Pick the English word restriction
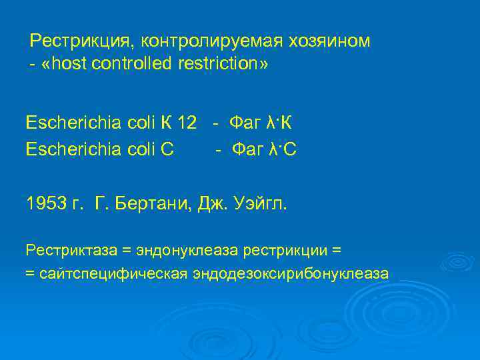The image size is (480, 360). (x=219, y=65)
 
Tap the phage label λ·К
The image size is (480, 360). (x=279, y=123)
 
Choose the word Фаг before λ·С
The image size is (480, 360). (x=246, y=150)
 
